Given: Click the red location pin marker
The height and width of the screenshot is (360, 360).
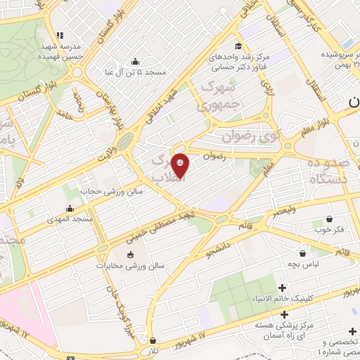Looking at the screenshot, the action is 181,165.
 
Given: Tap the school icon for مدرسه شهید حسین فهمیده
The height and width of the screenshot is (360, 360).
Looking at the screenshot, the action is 60,35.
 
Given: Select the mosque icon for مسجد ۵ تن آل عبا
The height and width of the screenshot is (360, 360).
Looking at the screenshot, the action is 136,62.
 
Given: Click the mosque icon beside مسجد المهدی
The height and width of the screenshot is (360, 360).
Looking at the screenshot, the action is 70,209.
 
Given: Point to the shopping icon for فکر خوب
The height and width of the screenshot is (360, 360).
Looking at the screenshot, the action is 329,219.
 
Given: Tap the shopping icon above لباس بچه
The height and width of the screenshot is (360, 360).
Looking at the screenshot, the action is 302,253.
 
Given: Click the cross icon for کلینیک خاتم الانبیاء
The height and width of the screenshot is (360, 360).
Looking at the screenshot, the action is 283,288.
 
